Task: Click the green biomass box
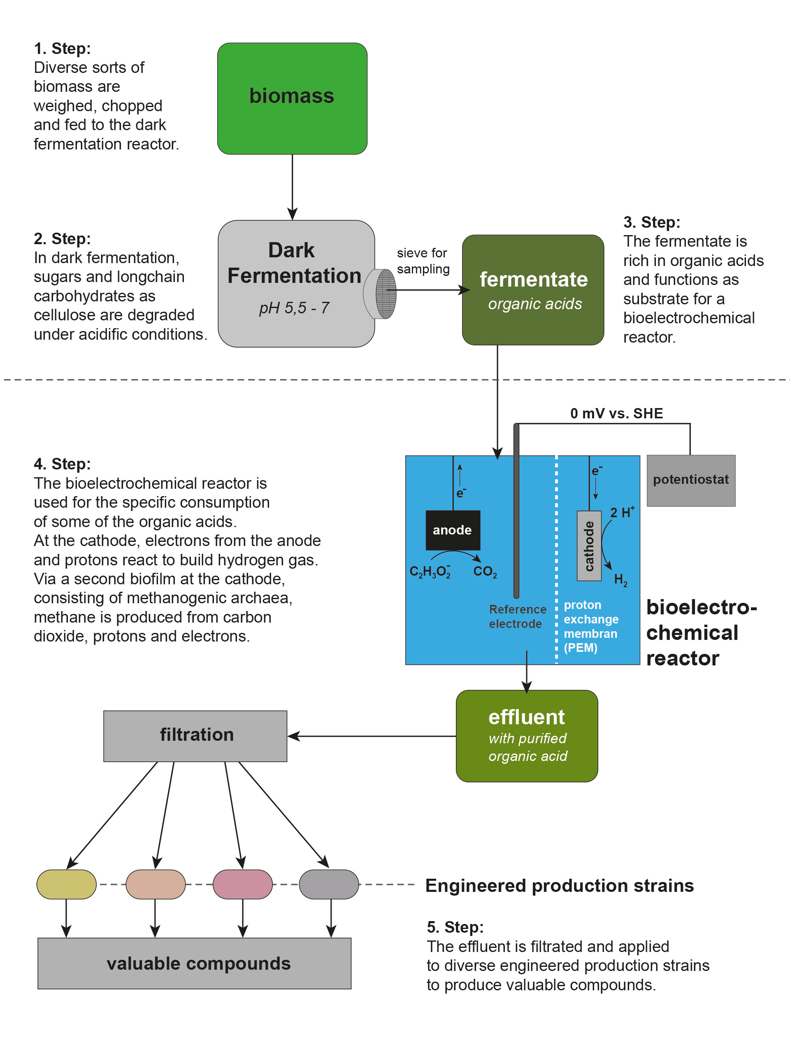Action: coord(292,98)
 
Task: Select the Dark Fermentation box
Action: coord(296,283)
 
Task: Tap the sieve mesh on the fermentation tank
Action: coord(386,294)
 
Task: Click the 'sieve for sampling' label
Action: coord(423,260)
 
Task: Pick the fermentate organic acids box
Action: coord(532,289)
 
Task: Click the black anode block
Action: coord(452,530)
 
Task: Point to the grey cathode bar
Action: coord(589,546)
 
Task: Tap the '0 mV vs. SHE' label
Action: coord(616,413)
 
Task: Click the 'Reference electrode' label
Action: coord(517,616)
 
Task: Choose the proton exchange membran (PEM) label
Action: coord(590,626)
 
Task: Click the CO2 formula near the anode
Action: coord(485,572)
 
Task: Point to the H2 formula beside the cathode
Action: coord(620,580)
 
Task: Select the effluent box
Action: coord(527,735)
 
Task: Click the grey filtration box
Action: coord(195,735)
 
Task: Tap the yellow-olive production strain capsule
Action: coord(66,884)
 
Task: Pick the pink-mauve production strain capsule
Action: coord(243,884)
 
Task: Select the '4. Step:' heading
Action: coord(62,464)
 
